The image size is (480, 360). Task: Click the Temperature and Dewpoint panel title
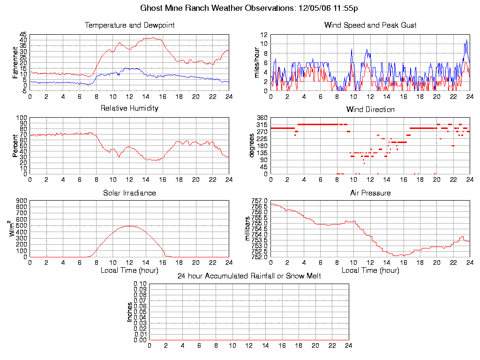click(x=129, y=25)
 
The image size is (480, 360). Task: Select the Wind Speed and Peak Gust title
click(x=370, y=25)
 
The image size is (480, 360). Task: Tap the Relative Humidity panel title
click(x=129, y=108)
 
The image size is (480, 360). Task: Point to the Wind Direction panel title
click(x=370, y=110)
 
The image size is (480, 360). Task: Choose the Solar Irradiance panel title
click(x=129, y=193)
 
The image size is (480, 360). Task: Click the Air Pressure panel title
click(x=370, y=193)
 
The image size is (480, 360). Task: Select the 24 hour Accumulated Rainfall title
click(x=249, y=276)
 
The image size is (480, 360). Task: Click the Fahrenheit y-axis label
click(x=15, y=62)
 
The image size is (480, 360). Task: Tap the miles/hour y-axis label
click(x=256, y=62)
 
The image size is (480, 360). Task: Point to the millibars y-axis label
click(x=248, y=229)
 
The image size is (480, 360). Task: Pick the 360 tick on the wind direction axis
click(x=262, y=118)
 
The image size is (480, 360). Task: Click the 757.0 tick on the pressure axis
click(x=259, y=201)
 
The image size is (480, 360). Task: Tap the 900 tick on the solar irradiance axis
click(x=22, y=201)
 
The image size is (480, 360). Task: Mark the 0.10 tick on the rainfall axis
click(x=140, y=284)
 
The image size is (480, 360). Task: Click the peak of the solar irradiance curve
click(x=129, y=226)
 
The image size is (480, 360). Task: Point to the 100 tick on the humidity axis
click(x=22, y=118)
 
